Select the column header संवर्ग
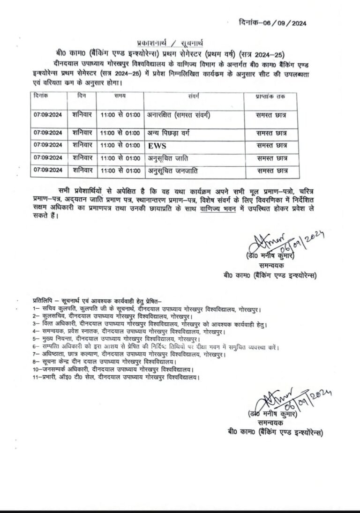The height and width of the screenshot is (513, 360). (x=194, y=97)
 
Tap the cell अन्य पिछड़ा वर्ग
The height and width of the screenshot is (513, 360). (x=170, y=133)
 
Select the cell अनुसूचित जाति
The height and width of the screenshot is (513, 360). (x=169, y=158)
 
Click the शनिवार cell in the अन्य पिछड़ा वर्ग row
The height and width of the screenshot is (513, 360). (x=83, y=133)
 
